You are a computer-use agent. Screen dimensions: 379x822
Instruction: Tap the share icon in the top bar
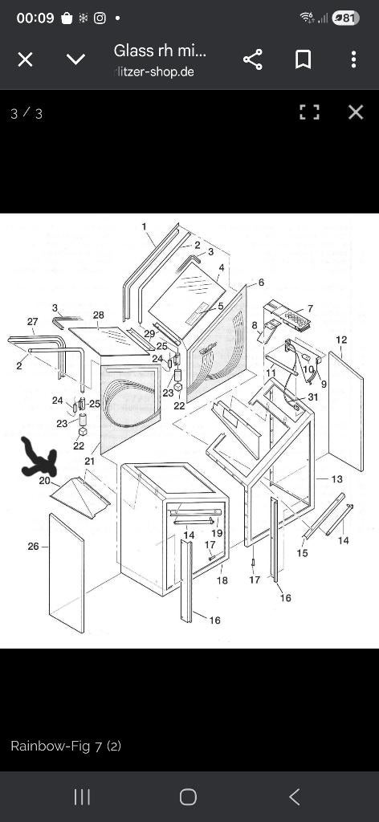[x=253, y=59]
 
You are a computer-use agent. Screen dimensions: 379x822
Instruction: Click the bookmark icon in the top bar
[x=303, y=59]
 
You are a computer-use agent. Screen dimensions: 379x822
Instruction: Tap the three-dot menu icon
[x=354, y=59]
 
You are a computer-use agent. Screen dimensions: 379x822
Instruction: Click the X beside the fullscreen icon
[x=356, y=112]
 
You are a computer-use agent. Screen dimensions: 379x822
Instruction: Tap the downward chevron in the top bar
[x=76, y=59]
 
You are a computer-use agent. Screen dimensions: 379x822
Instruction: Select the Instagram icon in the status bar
[x=99, y=18]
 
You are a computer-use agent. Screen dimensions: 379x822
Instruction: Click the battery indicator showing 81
[x=345, y=18]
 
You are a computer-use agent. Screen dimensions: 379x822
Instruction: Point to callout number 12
[x=341, y=340]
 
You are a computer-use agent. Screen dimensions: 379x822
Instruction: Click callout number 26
[x=33, y=546]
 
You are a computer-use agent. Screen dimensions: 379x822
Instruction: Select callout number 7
[x=310, y=308]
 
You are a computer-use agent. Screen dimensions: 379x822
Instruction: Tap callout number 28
[x=99, y=315]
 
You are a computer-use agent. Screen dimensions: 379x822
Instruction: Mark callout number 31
[x=313, y=397]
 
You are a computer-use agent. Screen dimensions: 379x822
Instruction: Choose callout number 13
[x=336, y=478]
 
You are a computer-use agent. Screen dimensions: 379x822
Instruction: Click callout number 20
[x=44, y=480]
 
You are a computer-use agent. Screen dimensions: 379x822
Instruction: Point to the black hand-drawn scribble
[x=39, y=457]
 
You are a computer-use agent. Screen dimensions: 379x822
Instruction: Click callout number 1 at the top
[x=145, y=227]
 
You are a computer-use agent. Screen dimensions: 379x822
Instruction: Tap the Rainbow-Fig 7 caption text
[x=66, y=746]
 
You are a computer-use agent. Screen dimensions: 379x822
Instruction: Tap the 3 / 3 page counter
[x=26, y=113]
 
